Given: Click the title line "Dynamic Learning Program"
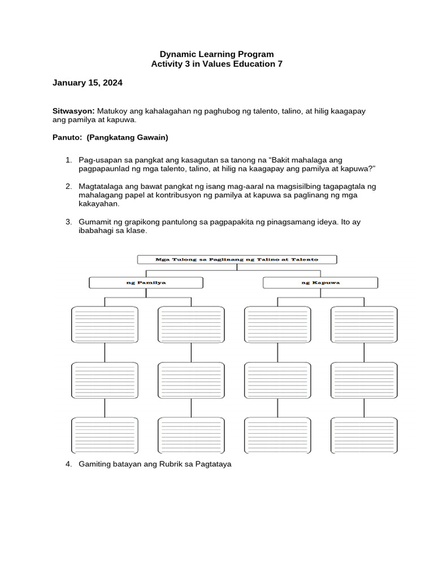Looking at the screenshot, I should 217,54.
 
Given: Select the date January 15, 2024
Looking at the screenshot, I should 87,83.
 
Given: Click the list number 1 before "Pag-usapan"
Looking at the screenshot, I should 68,160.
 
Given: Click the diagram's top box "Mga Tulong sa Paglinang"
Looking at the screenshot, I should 237,260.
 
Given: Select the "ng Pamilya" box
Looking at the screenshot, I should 146,282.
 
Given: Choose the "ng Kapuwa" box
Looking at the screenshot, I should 320,282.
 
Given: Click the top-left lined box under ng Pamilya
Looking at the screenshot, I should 105,325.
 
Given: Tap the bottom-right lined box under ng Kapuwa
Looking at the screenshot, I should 364,435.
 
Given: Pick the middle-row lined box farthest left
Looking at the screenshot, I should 105,380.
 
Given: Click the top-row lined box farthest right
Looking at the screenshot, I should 364,325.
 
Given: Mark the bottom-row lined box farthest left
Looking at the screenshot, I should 105,435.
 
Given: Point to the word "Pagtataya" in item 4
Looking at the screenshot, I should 214,464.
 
